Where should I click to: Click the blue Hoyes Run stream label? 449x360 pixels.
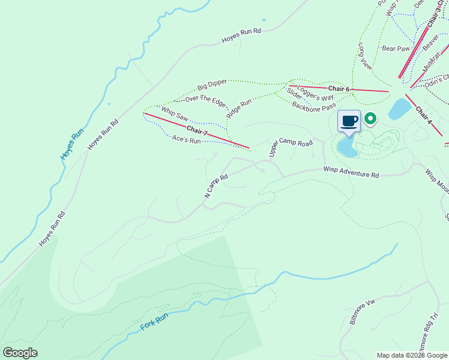click(71, 142)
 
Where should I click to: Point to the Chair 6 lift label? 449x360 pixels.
click(339, 89)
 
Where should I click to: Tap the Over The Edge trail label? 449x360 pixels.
click(205, 99)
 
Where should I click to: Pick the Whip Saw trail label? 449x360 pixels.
click(175, 112)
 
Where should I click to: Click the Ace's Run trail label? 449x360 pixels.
click(185, 139)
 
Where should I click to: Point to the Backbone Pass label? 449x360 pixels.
click(314, 106)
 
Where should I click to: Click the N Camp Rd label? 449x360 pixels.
click(217, 187)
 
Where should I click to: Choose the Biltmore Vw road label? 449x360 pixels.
click(362, 312)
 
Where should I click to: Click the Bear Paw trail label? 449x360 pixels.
click(396, 48)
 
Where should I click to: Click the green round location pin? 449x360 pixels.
click(370, 119)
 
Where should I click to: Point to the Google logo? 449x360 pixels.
click(20, 353)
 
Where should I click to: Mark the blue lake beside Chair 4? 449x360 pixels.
click(399, 109)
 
